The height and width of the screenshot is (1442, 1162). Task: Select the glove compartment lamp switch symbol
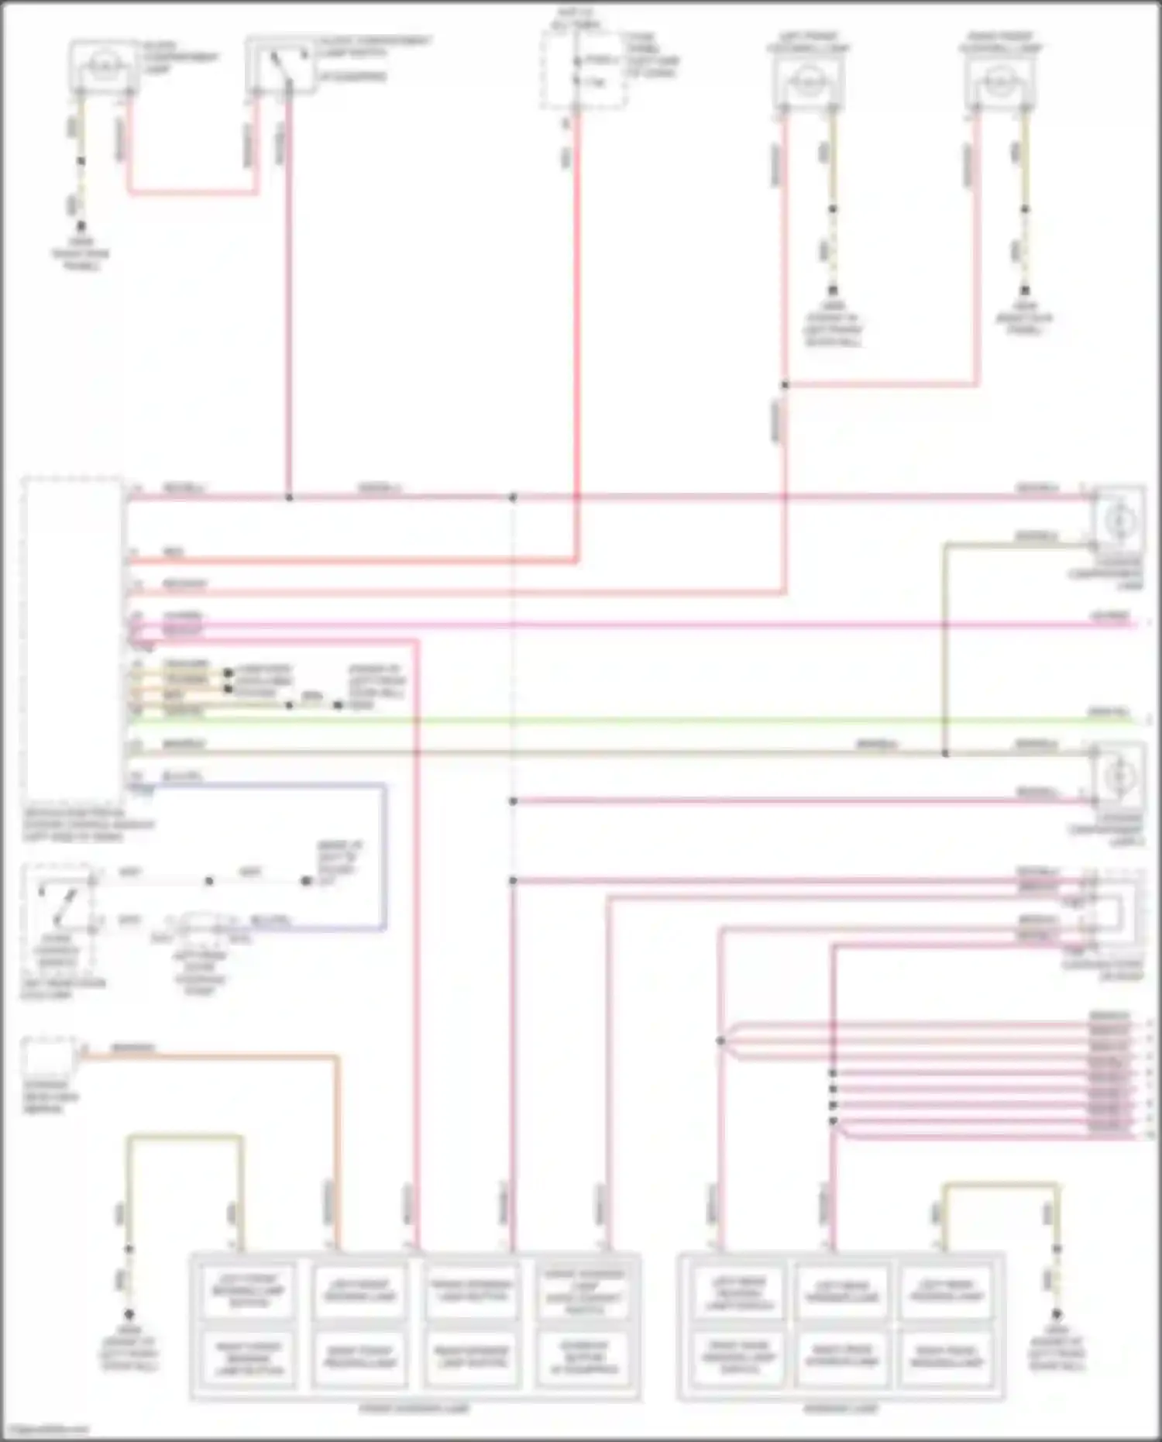[x=280, y=66]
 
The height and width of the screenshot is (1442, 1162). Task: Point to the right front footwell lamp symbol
[x=999, y=79]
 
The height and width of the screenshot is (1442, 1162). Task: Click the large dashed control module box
[x=72, y=643]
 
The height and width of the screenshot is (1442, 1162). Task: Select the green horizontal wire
[x=620, y=721]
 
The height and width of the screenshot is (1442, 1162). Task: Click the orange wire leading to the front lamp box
[x=338, y=1147]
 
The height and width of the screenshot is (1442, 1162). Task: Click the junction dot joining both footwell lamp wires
[x=785, y=384]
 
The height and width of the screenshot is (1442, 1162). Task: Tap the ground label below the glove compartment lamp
[x=81, y=254]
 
